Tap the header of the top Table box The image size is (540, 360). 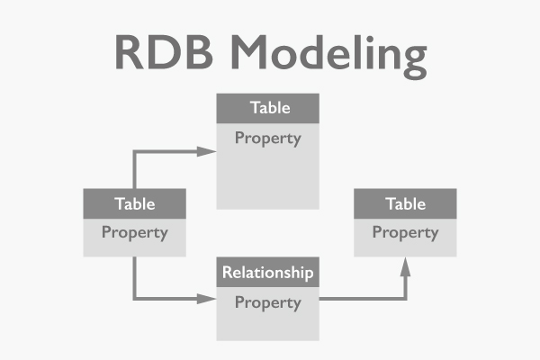tap(268, 107)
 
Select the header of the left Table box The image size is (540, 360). tap(134, 203)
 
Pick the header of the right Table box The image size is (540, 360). tap(405, 203)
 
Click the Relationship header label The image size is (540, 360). tap(268, 272)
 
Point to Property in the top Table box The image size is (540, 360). tap(268, 139)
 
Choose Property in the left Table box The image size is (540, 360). tap(134, 232)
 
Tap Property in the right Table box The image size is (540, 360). tap(405, 232)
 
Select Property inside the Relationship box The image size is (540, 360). tap(268, 302)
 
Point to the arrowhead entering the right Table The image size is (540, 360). tap(405, 265)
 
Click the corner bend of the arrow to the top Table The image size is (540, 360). tap(135, 151)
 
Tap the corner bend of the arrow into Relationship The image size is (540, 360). tap(135, 299)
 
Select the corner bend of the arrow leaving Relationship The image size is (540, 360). tap(405, 299)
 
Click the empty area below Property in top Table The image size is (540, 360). tap(268, 180)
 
